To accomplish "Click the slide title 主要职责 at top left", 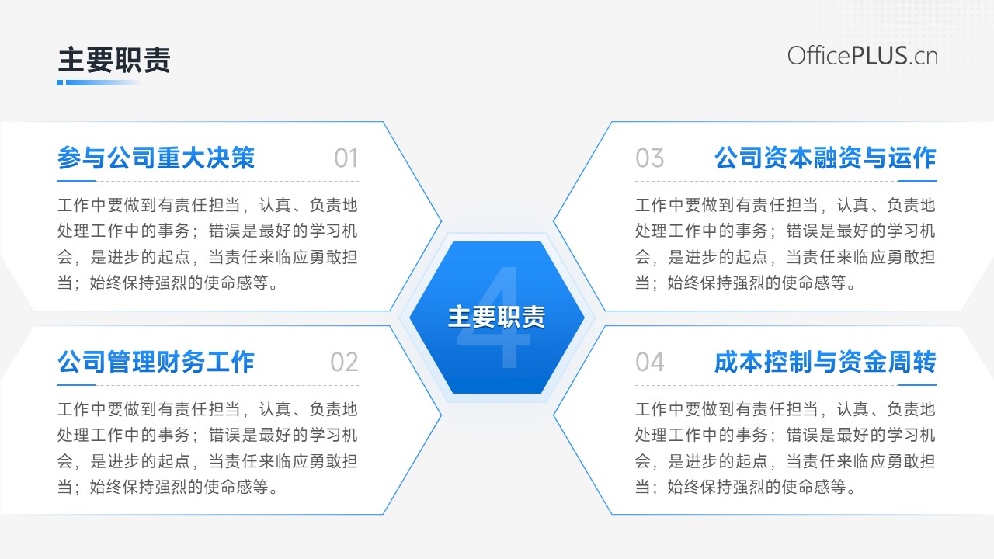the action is click(114, 60).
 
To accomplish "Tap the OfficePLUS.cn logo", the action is click(863, 57).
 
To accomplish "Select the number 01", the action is click(346, 158).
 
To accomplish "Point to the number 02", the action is click(344, 362).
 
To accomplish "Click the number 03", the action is click(650, 158).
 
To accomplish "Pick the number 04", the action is click(650, 362).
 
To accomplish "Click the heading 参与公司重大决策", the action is click(156, 158).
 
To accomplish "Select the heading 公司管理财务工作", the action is click(156, 362).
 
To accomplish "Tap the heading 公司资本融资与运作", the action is click(825, 158).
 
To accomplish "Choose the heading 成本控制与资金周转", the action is click(825, 362).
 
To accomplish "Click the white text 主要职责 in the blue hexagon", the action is click(496, 317).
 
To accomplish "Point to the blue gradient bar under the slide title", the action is click(99, 82).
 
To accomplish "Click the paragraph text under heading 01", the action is click(207, 244).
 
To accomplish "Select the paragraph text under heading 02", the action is click(207, 448).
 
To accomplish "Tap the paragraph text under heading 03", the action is click(785, 244).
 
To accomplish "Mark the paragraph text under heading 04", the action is click(785, 448).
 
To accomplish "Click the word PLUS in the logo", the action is click(879, 56).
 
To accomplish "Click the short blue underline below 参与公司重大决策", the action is click(76, 181).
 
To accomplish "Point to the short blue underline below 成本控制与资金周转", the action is click(918, 385).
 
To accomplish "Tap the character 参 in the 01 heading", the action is click(70, 158).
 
